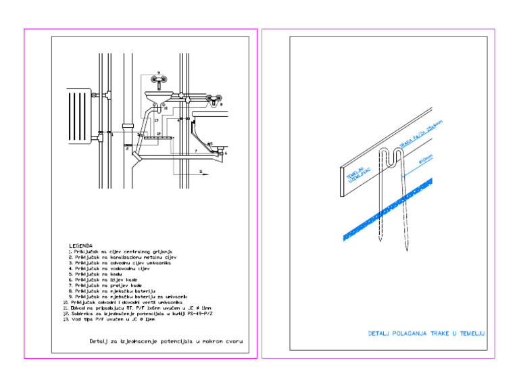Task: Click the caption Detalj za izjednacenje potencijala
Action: point(166,341)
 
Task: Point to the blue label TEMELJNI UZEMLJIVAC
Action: point(357,175)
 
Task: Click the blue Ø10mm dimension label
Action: point(426,160)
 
